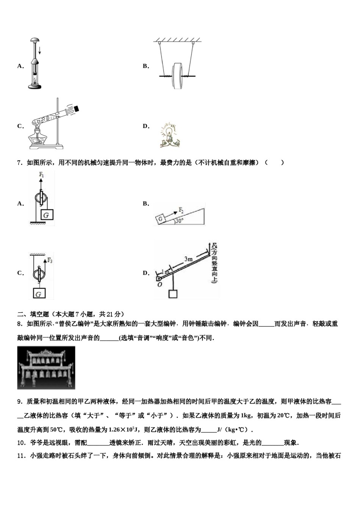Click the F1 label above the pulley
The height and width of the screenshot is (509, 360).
point(41,175)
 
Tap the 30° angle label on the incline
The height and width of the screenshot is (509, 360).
point(180,221)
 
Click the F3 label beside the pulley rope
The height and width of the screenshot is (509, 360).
point(50,260)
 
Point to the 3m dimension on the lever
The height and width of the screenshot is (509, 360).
point(188,259)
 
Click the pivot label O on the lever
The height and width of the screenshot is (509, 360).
point(160,285)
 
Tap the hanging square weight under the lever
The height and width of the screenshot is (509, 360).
point(173,294)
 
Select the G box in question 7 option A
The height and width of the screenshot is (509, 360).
point(46,215)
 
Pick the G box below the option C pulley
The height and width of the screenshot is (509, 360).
point(38,294)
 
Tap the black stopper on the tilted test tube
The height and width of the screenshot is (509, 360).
point(77,109)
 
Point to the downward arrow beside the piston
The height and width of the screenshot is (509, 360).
point(39,50)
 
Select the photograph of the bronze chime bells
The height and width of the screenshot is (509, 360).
point(46,368)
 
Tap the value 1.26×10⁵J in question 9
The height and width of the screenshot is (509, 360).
point(122,430)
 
